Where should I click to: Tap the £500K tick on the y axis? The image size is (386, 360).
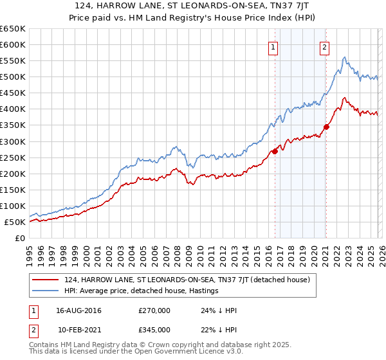(x=13, y=77)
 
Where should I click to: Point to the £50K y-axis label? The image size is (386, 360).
(x=15, y=222)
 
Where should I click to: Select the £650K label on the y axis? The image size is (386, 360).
(x=13, y=29)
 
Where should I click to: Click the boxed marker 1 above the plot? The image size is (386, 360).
(x=273, y=46)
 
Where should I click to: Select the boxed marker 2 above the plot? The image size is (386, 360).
(x=324, y=46)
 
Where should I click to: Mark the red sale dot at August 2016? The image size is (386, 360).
(x=275, y=152)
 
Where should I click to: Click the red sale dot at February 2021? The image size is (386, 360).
(x=326, y=127)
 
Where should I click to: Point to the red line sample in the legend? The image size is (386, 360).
(x=46, y=280)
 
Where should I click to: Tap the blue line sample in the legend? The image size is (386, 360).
(x=46, y=291)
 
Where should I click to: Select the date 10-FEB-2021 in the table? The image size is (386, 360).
(x=78, y=329)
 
